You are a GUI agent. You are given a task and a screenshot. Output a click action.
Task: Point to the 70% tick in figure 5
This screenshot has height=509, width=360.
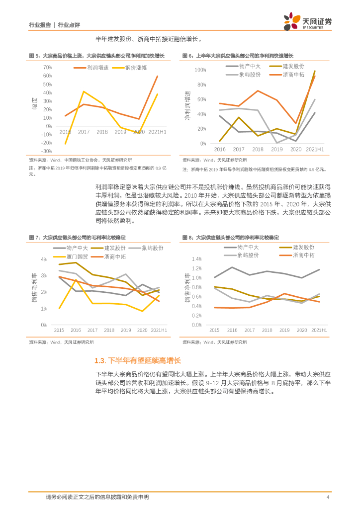click(x=48, y=67)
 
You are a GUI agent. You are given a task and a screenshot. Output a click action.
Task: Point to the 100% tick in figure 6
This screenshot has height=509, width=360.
click(x=199, y=70)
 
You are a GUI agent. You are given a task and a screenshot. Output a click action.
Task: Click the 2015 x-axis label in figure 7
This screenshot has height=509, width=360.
click(x=59, y=331)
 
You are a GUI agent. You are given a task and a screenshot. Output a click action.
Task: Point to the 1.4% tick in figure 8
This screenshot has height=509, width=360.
click(x=196, y=259)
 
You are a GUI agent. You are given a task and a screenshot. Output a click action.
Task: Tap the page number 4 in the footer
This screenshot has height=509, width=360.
click(x=327, y=497)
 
